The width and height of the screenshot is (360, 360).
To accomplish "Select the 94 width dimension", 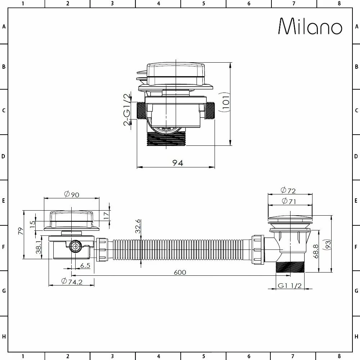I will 177,163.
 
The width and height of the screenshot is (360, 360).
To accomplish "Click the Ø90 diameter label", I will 71,194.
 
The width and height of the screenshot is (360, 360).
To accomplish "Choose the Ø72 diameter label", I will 288,190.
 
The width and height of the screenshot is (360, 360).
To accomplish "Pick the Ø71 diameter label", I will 288,202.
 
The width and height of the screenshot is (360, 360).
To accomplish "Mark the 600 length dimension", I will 180,272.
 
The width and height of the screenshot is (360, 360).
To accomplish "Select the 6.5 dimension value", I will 85,265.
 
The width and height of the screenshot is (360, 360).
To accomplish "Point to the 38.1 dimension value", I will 39,247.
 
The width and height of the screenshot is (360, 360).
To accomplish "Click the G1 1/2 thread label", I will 289,286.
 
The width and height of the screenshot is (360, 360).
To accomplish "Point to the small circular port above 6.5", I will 75,247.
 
